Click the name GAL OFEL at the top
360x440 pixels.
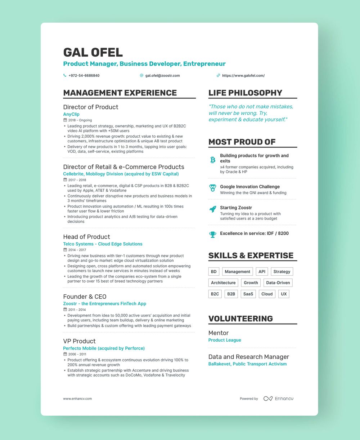pyautogui.click(x=93, y=52)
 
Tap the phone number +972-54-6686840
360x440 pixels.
pyautogui.click(x=84, y=76)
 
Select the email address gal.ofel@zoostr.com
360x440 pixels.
pyautogui.click(x=162, y=76)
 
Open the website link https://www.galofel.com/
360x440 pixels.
pyautogui.click(x=243, y=76)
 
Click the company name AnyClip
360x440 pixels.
pyautogui.click(x=71, y=114)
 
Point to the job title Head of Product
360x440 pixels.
pyautogui.click(x=86, y=237)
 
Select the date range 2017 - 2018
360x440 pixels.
pyautogui.click(x=77, y=180)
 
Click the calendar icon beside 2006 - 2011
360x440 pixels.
pyautogui.click(x=65, y=354)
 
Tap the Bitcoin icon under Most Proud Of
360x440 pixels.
pyautogui.click(x=213, y=160)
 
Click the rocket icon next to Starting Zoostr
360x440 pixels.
pyautogui.click(x=213, y=209)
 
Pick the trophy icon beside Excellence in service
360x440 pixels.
pyautogui.click(x=213, y=234)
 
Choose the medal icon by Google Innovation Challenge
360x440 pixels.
pyautogui.click(x=213, y=188)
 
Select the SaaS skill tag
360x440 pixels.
pyautogui.click(x=248, y=294)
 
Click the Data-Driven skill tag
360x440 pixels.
pyautogui.click(x=278, y=283)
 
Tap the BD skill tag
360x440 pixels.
pyautogui.click(x=213, y=272)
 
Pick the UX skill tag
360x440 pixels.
pyautogui.click(x=284, y=294)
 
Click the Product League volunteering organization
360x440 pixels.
pyautogui.click(x=225, y=340)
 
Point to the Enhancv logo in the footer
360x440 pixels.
pyautogui.click(x=278, y=399)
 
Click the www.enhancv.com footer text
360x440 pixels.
pyautogui.click(x=77, y=399)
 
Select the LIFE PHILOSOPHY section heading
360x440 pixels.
pyautogui.click(x=245, y=93)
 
